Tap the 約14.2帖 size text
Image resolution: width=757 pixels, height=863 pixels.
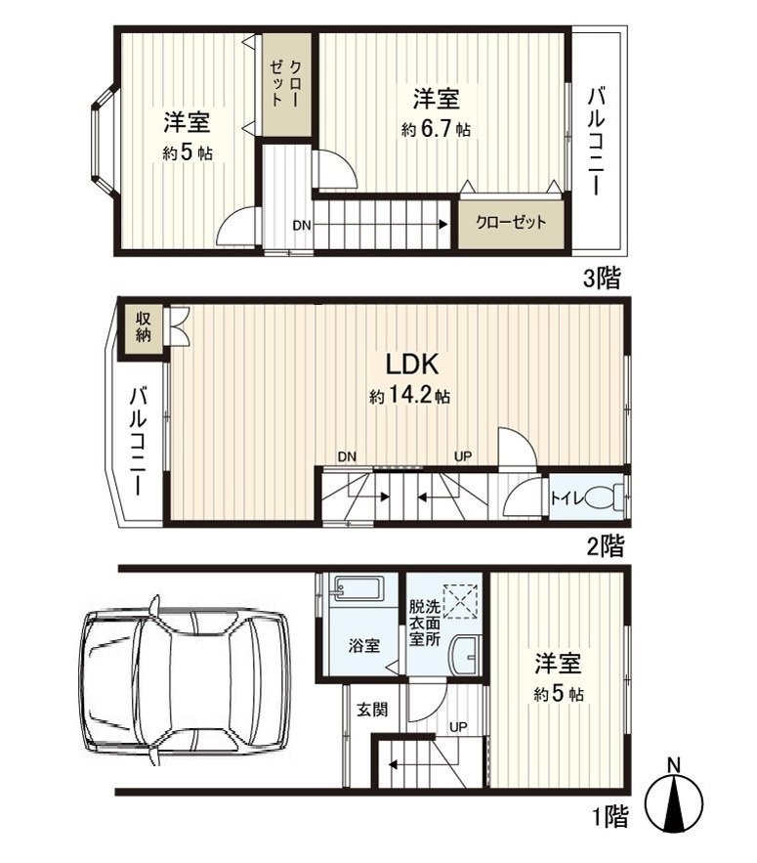[409, 397]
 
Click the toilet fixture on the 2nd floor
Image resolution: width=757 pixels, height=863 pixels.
[608, 497]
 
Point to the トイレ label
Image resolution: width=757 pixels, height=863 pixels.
[567, 497]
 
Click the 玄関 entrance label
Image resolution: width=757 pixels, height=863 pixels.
[372, 710]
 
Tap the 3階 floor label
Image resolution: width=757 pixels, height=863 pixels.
[602, 279]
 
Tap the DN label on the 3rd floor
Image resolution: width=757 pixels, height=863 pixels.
[302, 225]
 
